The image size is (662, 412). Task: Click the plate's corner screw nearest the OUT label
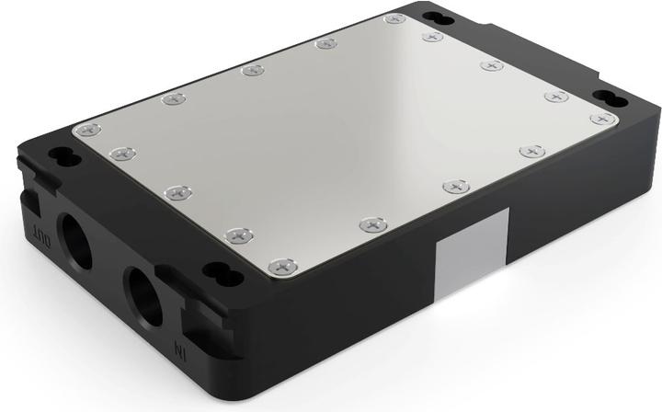[86, 131]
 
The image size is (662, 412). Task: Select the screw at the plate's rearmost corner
[394, 17]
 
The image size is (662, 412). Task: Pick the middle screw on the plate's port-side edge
[176, 192]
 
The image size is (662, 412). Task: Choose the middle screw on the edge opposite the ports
[491, 66]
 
